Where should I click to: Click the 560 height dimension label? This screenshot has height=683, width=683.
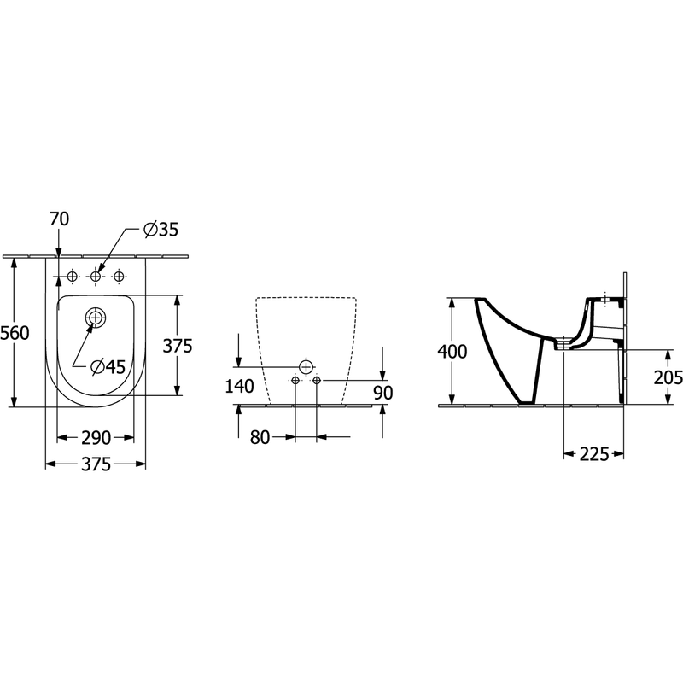click(x=15, y=333)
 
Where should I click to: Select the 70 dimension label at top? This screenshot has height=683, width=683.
click(x=59, y=219)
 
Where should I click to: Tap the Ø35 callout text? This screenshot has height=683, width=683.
click(x=161, y=230)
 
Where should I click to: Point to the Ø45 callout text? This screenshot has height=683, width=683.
click(x=108, y=367)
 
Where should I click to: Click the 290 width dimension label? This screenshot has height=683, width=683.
click(x=96, y=438)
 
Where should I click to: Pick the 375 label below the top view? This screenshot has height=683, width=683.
click(x=96, y=464)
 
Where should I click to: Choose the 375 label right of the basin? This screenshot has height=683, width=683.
click(x=178, y=346)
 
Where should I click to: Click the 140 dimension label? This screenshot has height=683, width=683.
click(x=239, y=387)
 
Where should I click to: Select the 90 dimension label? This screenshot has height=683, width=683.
click(x=383, y=393)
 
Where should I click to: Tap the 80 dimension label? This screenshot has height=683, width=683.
click(x=260, y=437)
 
